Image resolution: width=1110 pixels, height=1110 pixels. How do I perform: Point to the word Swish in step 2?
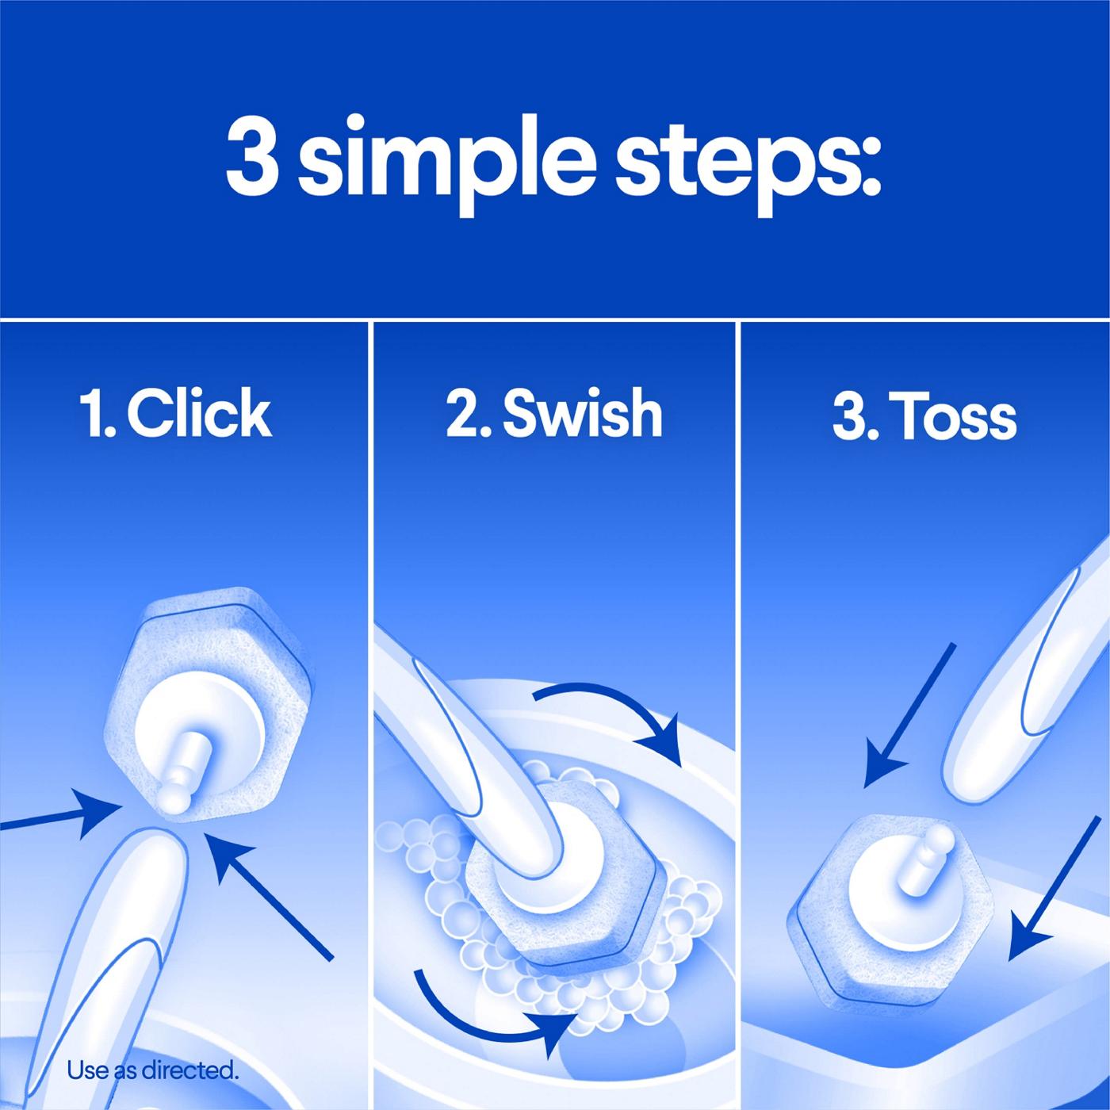(582, 413)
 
